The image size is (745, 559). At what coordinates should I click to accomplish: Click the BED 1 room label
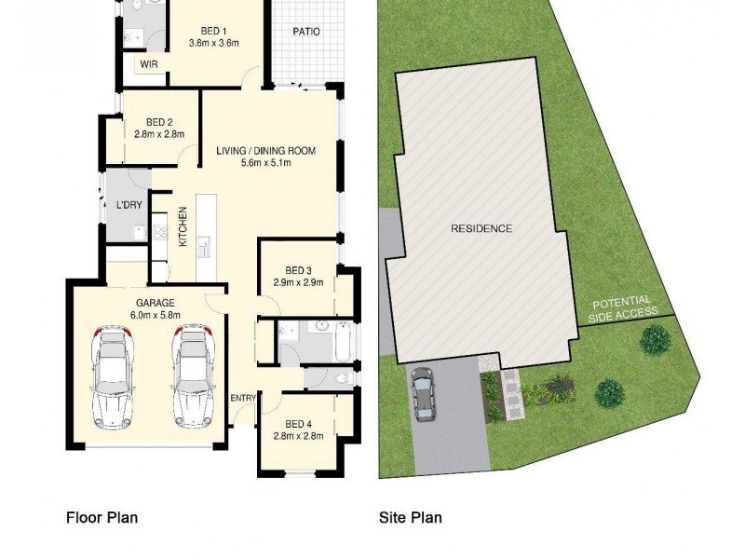214,31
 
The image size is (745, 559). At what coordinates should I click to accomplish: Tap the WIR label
149,63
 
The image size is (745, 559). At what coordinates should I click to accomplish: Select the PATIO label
306,31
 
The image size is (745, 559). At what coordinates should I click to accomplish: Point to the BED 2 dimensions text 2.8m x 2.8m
159,134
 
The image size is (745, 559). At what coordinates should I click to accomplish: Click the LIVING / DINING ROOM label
266,151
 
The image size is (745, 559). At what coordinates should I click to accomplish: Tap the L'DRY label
129,205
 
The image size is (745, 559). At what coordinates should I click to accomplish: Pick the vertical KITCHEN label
183,225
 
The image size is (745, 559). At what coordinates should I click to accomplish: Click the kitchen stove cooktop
160,226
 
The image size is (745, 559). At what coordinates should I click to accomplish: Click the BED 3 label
298,270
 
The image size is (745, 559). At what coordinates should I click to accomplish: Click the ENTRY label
243,399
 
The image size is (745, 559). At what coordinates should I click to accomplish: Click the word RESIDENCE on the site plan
481,228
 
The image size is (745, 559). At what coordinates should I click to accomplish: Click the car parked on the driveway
423,392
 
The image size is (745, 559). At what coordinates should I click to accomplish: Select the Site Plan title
410,517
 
